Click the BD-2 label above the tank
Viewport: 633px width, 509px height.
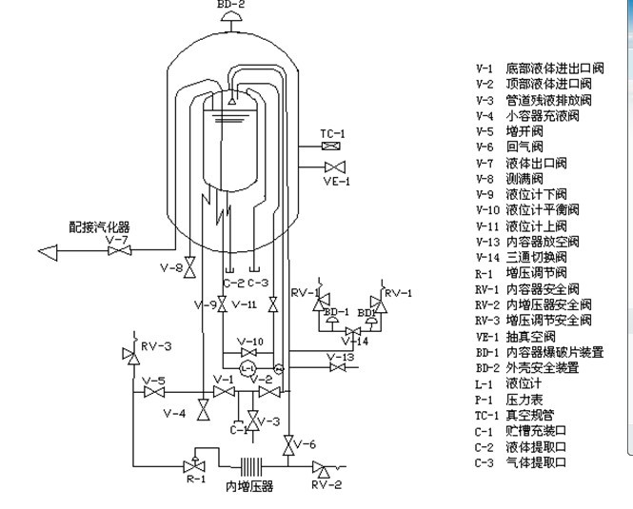[231, 5]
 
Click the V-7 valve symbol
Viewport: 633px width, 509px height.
[120, 251]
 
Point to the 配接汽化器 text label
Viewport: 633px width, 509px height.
[99, 227]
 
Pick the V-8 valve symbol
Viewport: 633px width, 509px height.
[189, 268]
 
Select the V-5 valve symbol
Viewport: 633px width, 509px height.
[153, 391]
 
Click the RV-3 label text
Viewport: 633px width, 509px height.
[156, 346]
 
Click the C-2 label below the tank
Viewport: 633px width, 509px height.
[233, 283]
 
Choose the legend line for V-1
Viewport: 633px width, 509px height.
[539, 69]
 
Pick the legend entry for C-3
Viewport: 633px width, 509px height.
[522, 462]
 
